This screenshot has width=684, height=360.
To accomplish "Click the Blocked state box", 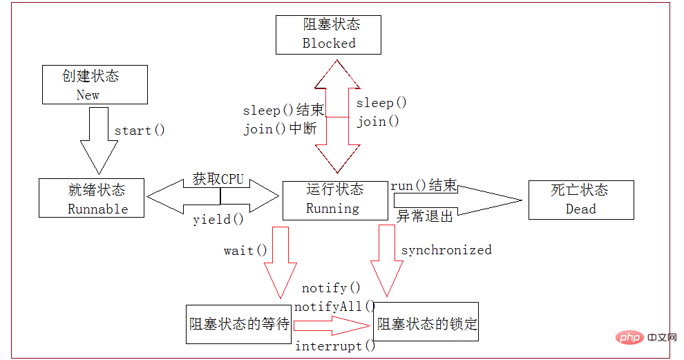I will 329,34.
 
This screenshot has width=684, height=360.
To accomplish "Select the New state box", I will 95,85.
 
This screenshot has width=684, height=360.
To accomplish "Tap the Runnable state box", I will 92,198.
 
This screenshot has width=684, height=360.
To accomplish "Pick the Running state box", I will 335,200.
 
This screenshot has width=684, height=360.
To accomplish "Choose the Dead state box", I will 580,200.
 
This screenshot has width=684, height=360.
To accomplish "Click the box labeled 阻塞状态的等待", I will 239,323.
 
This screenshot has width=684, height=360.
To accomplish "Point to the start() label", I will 140,131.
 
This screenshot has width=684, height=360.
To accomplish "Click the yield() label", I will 218,220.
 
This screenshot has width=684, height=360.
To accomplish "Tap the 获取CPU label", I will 218,180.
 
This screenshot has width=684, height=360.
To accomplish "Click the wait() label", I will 245,250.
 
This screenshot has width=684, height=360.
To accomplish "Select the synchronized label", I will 446,250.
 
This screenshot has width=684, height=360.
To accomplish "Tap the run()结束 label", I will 424,186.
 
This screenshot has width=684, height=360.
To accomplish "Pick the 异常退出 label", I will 425,216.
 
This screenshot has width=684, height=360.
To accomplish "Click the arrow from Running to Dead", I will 456,200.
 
